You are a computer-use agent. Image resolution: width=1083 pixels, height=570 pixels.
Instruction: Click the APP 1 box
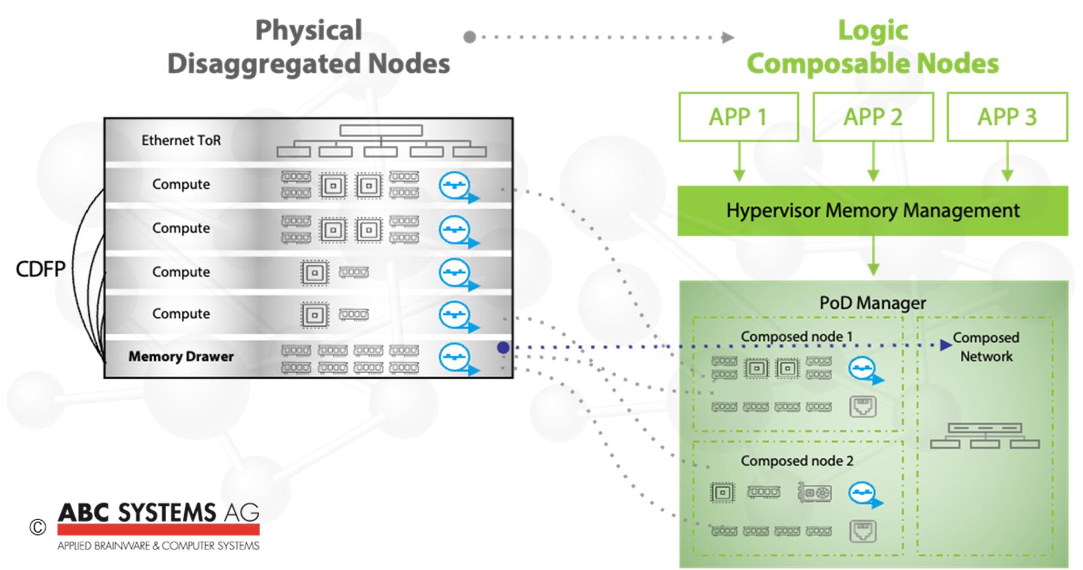click(x=738, y=117)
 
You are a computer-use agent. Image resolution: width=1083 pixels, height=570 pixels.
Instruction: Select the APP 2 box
click(x=872, y=117)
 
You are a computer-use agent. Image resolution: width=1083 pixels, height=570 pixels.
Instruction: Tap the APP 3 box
click(x=1007, y=117)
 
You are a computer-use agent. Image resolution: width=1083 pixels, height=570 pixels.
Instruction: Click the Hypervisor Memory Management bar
click(x=872, y=211)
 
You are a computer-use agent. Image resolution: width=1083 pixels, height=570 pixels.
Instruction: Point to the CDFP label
click(x=40, y=269)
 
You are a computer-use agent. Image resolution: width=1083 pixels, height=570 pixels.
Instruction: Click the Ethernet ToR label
click(x=181, y=140)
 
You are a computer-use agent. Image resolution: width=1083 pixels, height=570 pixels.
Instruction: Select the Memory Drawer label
click(x=180, y=356)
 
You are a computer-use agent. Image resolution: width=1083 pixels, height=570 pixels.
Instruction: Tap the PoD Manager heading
click(x=872, y=303)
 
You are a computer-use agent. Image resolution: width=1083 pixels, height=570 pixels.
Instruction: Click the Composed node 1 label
click(x=797, y=336)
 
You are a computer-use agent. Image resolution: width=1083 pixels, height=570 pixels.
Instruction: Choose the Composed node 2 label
click(x=797, y=461)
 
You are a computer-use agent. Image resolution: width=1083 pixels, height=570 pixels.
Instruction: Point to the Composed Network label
click(x=986, y=347)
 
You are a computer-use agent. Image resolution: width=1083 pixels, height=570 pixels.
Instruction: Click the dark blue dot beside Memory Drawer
click(x=504, y=347)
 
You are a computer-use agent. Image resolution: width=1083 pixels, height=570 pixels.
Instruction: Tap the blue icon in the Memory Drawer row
click(x=456, y=358)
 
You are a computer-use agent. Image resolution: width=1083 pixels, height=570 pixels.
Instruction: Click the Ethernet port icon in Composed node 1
click(x=863, y=407)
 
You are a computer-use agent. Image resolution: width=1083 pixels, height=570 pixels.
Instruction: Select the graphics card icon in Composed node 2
click(x=815, y=492)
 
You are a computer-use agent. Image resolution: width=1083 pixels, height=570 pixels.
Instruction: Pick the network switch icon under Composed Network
click(x=984, y=436)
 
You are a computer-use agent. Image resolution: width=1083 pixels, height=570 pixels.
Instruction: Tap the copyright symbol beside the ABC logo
click(x=37, y=528)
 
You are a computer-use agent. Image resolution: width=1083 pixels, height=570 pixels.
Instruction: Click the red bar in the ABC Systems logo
click(x=158, y=530)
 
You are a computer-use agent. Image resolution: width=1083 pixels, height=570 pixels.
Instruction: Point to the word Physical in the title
click(x=309, y=30)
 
